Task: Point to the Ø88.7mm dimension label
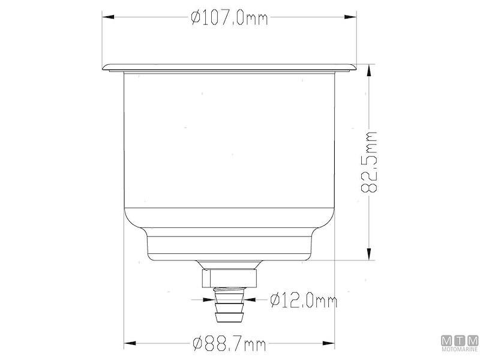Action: (x=229, y=344)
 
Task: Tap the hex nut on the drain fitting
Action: (x=229, y=277)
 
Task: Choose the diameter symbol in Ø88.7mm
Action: (x=196, y=344)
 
